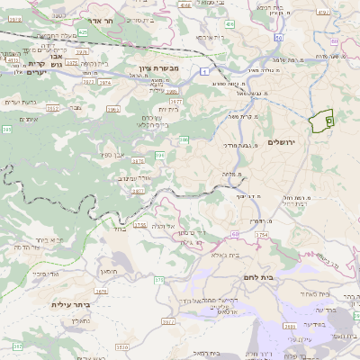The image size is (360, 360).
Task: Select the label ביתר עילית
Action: pyautogui.click(x=70, y=305)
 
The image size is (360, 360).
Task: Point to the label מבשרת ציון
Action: pyautogui.click(x=160, y=67)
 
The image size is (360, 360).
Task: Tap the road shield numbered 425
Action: pyautogui.click(x=82, y=32)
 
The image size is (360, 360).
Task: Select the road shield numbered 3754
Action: pyautogui.click(x=262, y=235)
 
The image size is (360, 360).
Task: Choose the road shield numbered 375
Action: pyautogui.click(x=159, y=282)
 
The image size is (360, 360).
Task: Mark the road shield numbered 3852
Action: pyautogui.click(x=52, y=107)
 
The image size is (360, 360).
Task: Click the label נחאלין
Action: pyautogui.click(x=80, y=319)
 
